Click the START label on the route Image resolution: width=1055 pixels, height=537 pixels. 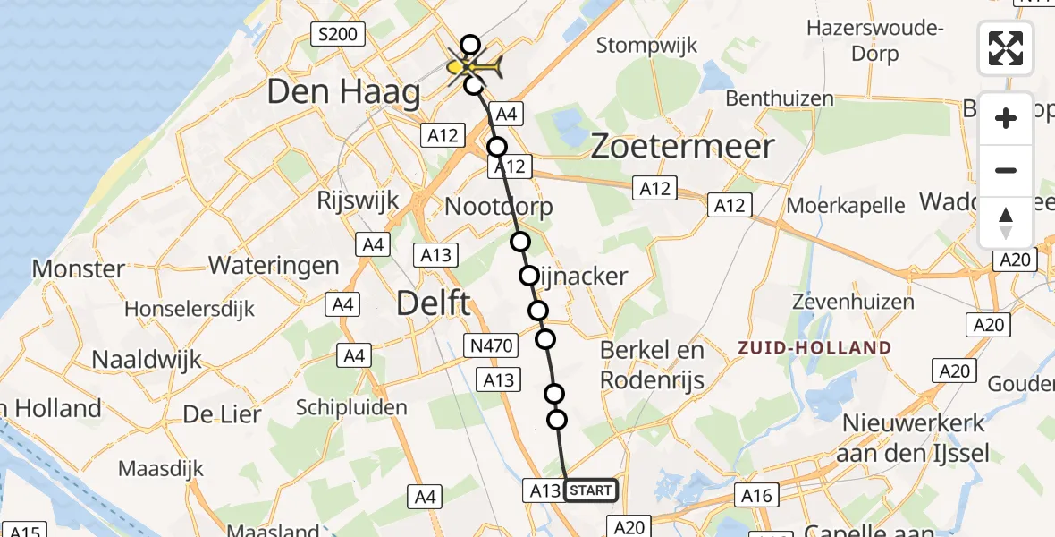[591, 490]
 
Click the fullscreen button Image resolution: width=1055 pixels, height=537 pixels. [1006, 48]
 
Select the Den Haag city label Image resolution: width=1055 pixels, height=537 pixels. [343, 92]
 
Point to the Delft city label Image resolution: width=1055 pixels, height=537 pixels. [433, 303]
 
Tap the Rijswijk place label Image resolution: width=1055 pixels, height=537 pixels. [358, 200]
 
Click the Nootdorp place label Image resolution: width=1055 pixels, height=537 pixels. [499, 207]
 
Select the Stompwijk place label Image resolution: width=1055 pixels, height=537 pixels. [646, 45]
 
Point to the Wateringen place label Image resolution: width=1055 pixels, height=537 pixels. [274, 265]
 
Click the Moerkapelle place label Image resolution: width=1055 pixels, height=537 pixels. [846, 205]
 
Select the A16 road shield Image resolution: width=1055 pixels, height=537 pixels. [756, 495]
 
